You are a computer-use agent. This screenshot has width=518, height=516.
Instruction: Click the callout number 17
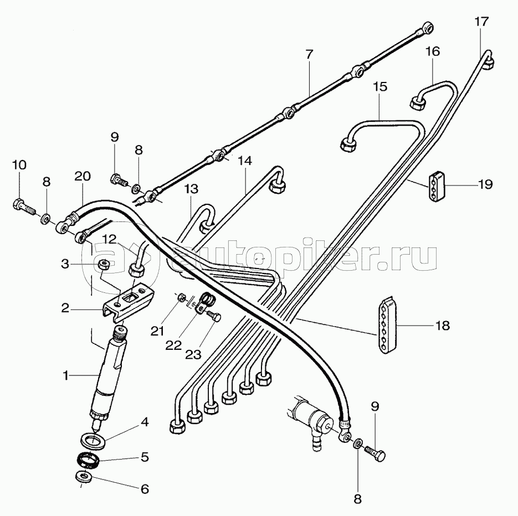481,22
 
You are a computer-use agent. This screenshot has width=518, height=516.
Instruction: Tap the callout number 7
309,54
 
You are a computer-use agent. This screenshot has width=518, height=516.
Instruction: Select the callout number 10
18,164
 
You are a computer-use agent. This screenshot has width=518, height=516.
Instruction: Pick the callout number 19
485,184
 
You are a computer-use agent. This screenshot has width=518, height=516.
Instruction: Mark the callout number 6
144,489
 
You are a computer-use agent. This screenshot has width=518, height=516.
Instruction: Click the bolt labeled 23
214,317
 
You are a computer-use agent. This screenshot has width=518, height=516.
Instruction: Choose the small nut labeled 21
181,298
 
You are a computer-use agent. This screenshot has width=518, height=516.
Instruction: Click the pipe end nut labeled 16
417,102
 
